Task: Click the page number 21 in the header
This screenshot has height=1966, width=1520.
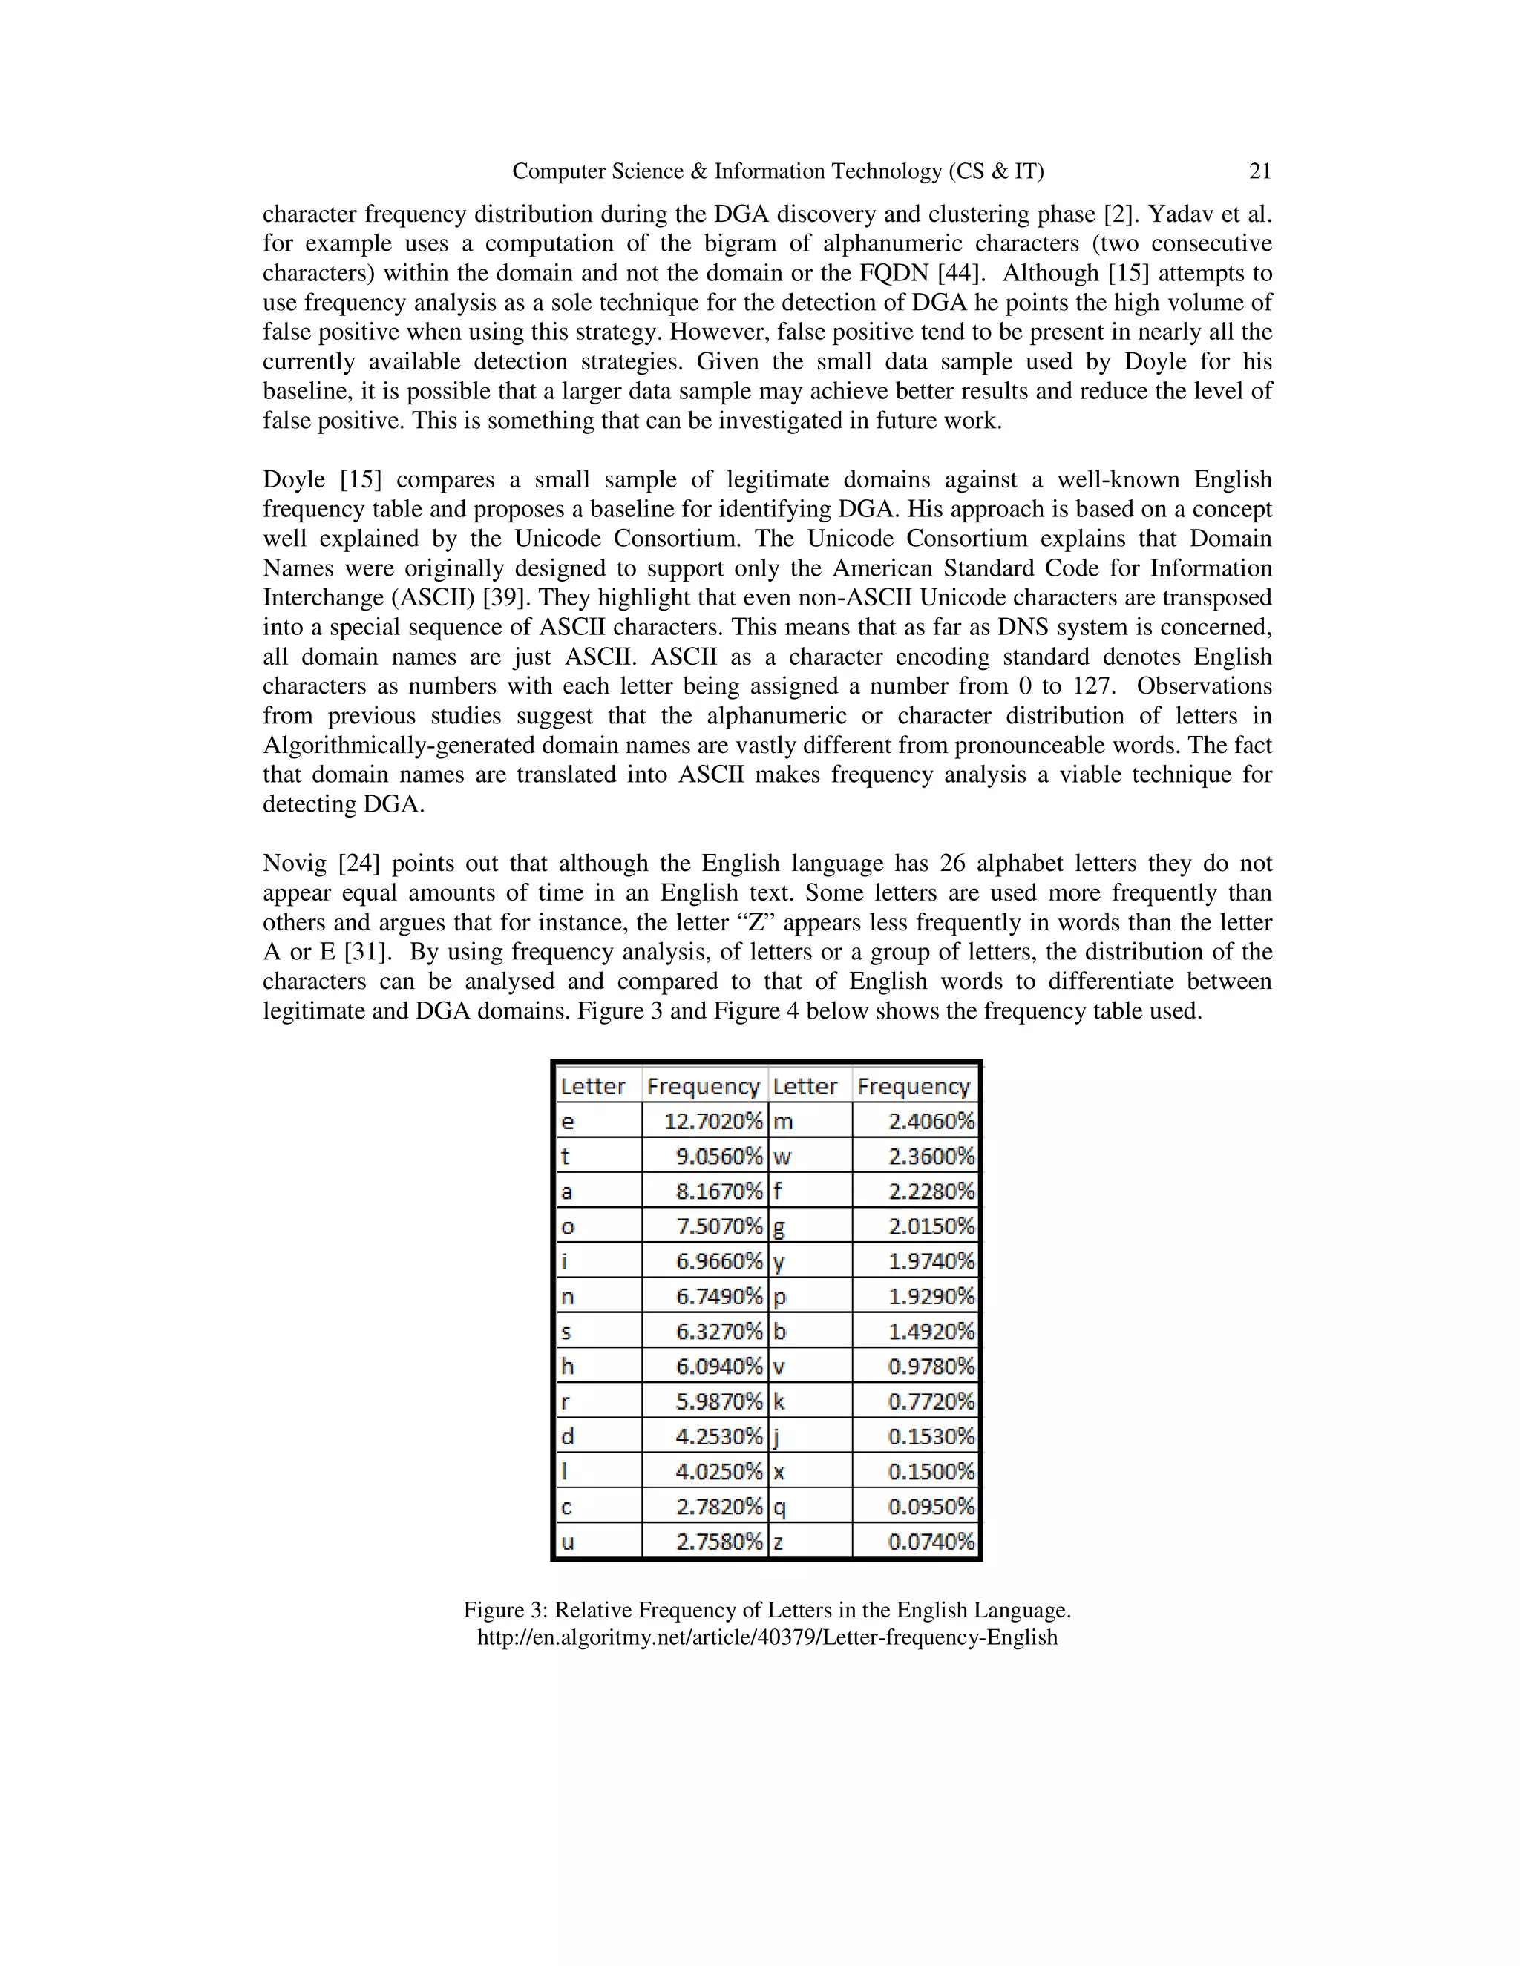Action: [1259, 171]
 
